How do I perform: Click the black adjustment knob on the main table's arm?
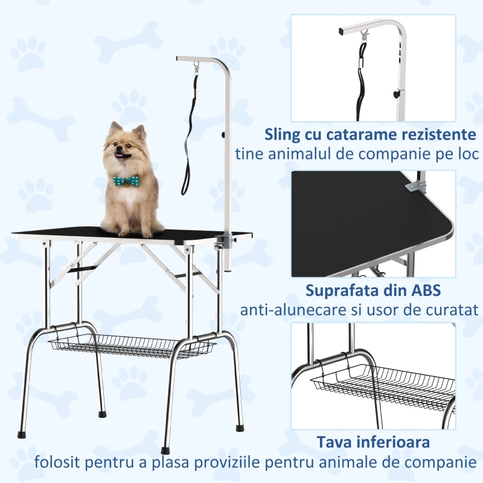click(224, 136)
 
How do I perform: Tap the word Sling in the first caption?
click(283, 133)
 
